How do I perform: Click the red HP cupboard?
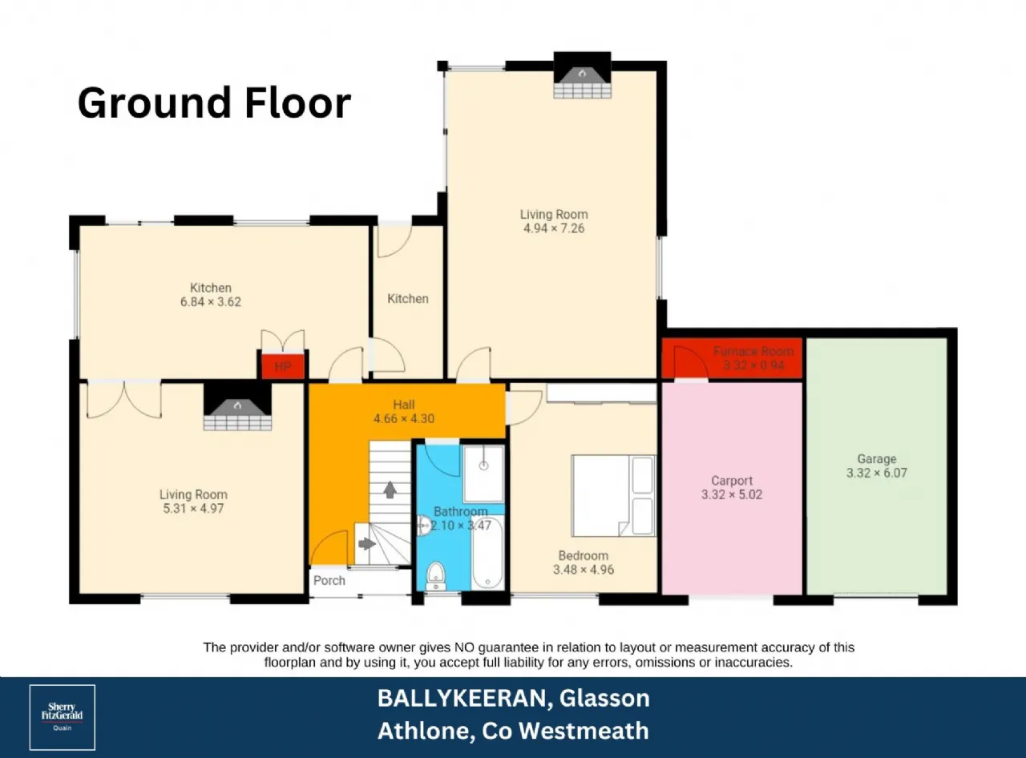point(283,366)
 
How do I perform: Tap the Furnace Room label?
point(753,352)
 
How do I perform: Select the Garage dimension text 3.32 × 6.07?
point(877,473)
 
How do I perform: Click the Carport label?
point(732,481)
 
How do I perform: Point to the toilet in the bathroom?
point(436,576)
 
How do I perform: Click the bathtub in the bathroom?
point(487,553)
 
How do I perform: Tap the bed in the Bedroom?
point(613,496)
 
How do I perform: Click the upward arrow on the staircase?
point(390,490)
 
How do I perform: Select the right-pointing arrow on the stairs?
point(367,543)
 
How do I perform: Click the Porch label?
point(329,580)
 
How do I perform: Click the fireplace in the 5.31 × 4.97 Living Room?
point(237,407)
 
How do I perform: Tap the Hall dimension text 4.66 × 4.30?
point(404,419)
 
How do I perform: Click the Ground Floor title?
point(214,103)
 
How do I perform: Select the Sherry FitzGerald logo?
point(63,717)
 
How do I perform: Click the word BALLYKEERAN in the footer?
point(463,699)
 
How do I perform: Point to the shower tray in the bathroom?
point(483,474)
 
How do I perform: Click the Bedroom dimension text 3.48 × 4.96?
point(584,570)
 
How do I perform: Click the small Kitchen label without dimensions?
point(407,299)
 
